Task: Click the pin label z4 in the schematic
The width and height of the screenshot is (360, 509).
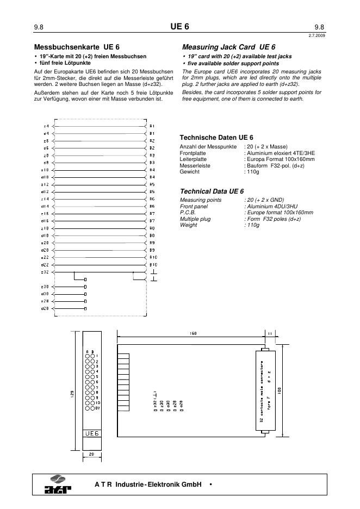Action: click(x=46, y=126)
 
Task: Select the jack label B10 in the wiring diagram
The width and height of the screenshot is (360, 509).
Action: click(x=153, y=264)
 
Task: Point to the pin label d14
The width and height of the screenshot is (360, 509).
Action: click(x=46, y=206)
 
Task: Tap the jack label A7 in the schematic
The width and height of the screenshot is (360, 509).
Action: click(x=153, y=214)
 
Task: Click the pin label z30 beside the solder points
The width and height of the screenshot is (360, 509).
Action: click(x=46, y=287)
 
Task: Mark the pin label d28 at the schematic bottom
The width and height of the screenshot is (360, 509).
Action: click(x=46, y=308)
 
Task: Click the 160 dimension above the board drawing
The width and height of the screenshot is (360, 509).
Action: click(x=193, y=333)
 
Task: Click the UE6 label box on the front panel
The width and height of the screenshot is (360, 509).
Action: click(x=91, y=433)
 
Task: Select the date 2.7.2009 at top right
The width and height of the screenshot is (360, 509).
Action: click(x=316, y=35)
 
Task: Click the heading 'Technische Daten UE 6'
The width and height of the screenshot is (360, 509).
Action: click(x=216, y=138)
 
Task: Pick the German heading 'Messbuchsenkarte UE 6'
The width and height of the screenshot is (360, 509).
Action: click(x=76, y=47)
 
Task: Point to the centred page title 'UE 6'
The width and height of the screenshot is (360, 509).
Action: click(x=179, y=27)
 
